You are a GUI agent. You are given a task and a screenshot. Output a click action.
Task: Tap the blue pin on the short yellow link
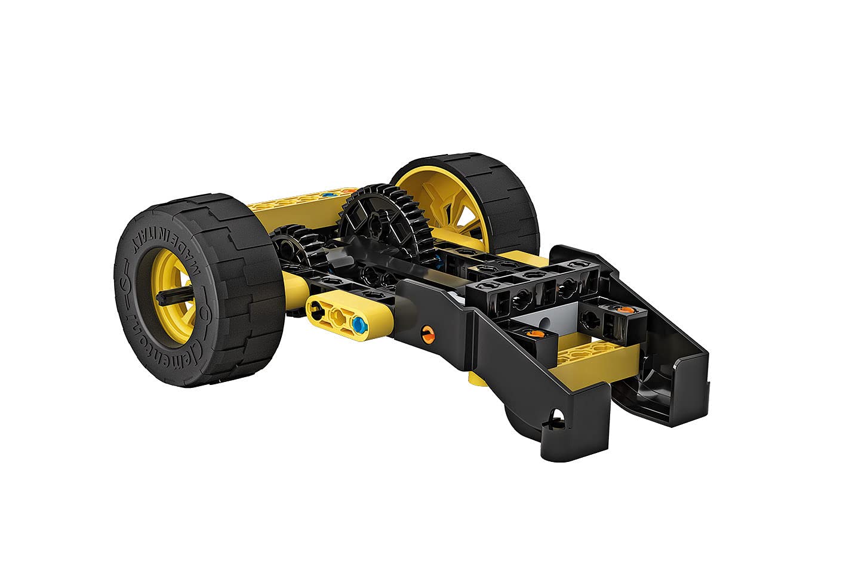pyautogui.click(x=358, y=325)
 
